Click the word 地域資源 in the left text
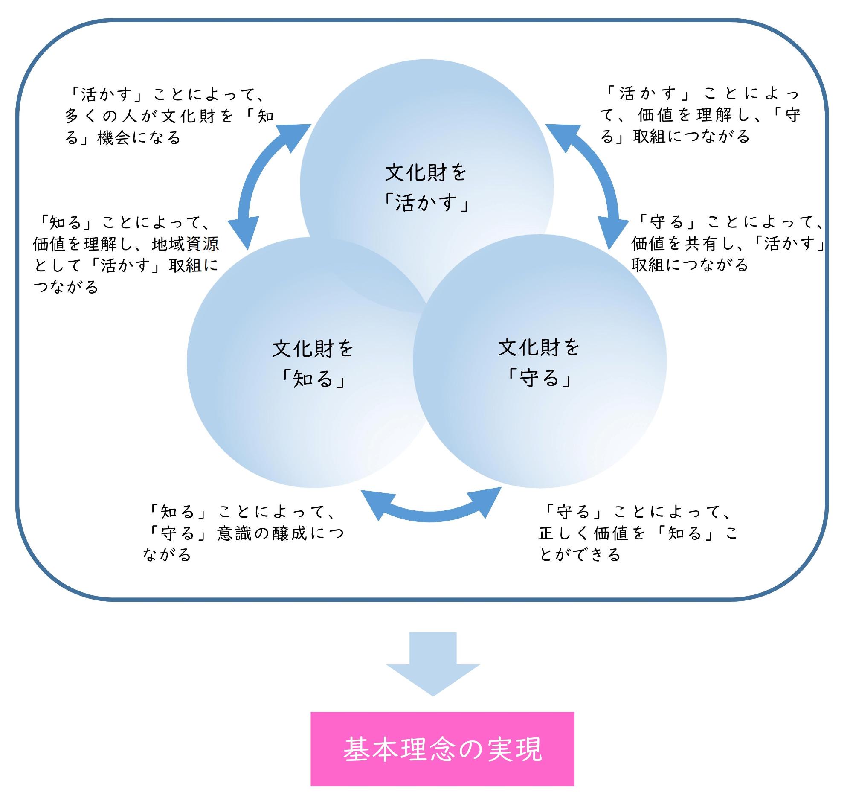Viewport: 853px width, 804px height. (186, 244)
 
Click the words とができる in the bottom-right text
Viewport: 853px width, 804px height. (580, 555)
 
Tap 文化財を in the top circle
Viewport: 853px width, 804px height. (426, 172)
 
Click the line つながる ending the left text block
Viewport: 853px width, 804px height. (66, 287)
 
